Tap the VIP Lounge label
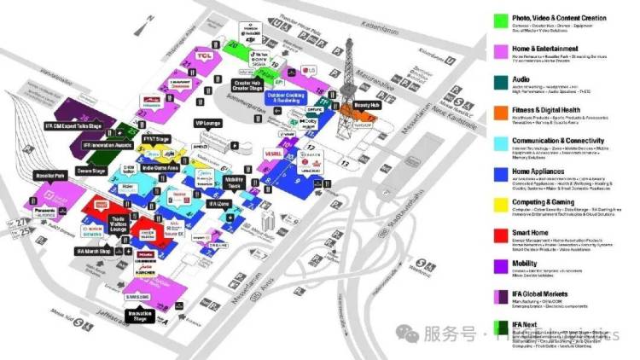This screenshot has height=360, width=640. click(207, 124)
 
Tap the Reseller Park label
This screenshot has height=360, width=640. click(50, 176)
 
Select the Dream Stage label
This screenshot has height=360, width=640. click(91, 171)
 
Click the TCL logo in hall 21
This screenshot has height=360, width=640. click(204, 56)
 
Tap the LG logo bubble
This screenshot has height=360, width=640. click(311, 72)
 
